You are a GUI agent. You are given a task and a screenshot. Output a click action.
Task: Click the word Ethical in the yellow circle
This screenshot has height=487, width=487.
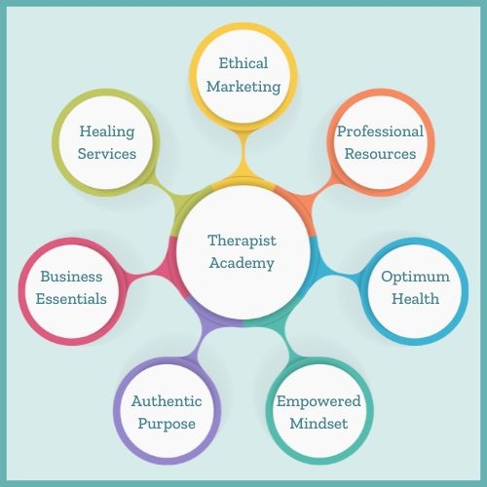[x=243, y=63]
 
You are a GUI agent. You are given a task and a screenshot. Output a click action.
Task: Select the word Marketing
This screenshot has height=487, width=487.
[x=243, y=87]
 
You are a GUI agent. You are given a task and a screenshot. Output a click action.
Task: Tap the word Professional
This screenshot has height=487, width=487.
[x=380, y=131]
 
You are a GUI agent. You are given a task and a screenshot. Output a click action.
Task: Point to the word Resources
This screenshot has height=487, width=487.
[x=380, y=154]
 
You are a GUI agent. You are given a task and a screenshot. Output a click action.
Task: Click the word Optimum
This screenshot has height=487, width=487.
[x=416, y=278]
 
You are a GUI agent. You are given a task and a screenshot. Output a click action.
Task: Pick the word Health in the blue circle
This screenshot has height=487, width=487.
[x=416, y=299]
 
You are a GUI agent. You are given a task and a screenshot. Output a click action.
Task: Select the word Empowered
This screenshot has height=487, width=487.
[x=318, y=402]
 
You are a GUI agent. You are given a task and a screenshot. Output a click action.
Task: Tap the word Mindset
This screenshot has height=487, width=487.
[x=318, y=424]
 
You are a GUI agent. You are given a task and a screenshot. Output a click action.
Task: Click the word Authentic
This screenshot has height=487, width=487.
[x=167, y=401]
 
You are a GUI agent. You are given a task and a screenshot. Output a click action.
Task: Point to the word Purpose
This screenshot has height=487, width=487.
[x=167, y=425]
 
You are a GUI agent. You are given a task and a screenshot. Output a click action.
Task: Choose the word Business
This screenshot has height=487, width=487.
[x=71, y=277]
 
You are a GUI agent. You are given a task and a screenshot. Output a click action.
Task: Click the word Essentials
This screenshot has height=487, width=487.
[x=71, y=299]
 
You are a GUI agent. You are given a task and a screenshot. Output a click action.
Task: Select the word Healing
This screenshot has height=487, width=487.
[x=107, y=132]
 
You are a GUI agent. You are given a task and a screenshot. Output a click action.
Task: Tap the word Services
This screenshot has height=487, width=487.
[x=107, y=154]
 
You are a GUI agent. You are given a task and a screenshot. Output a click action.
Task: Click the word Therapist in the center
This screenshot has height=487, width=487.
[x=242, y=241]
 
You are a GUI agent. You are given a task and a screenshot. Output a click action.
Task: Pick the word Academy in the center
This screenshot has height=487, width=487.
[x=242, y=264]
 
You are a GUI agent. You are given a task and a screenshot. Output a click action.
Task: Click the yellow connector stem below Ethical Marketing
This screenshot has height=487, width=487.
[x=243, y=153]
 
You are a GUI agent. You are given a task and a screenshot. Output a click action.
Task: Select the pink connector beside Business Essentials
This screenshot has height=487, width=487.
[x=143, y=276]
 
